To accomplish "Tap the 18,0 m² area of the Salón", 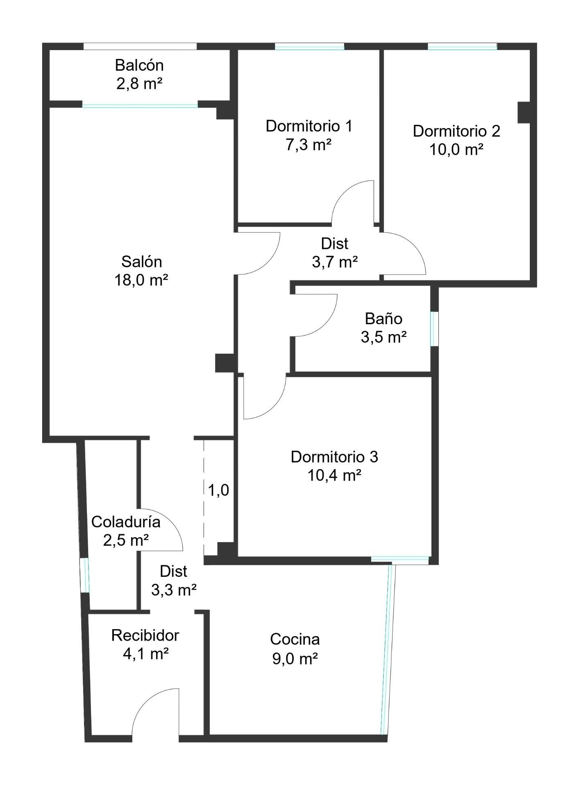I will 141,280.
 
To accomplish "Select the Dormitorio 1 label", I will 309,126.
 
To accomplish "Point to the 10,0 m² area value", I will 456,150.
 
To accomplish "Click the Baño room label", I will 384,318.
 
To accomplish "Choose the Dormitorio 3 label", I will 334,457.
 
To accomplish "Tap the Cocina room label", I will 295,639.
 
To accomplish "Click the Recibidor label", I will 145,635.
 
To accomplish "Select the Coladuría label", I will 125,522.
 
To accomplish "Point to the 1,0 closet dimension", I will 218,490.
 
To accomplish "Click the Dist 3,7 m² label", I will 335,252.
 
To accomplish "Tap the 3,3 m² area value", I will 174,590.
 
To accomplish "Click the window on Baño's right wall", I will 434,329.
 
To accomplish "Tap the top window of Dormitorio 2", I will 462,47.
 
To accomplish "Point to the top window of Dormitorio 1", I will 309,47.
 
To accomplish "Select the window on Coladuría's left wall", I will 84,575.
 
